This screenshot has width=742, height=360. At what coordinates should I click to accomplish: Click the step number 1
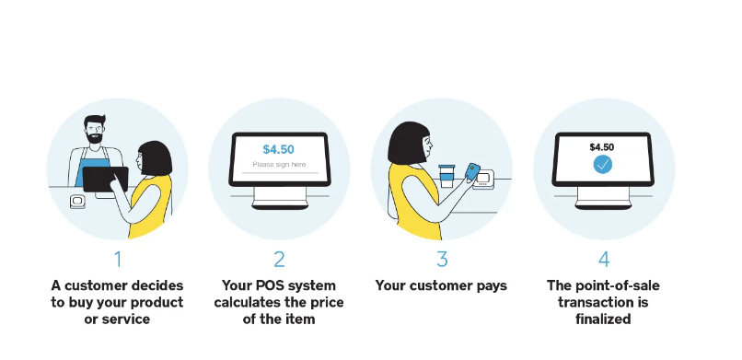118,259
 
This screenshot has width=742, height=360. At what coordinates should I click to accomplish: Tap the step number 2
279,259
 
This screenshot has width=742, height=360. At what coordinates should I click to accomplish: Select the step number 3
442,259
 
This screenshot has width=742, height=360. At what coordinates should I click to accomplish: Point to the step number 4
604,259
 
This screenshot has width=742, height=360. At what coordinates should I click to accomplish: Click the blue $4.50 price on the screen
278,149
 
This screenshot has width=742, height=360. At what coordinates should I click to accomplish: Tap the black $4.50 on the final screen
602,146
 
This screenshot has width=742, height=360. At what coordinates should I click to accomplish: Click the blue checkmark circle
602,165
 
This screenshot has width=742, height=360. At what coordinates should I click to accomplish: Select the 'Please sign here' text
278,165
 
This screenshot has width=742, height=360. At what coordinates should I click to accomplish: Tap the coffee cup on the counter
446,175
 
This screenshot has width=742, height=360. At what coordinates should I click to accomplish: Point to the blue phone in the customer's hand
471,172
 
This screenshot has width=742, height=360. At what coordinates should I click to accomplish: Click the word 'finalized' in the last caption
604,319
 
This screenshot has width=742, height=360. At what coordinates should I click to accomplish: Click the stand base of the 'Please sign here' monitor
278,202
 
